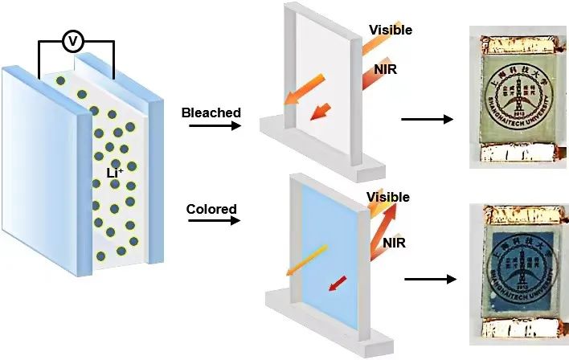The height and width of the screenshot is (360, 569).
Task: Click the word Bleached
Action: (211, 112)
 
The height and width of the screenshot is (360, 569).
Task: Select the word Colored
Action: (211, 210)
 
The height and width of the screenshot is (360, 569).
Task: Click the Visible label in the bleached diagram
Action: (391, 31)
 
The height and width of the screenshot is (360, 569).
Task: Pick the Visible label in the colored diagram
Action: (388, 197)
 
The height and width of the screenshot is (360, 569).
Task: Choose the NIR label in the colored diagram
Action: (395, 241)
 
